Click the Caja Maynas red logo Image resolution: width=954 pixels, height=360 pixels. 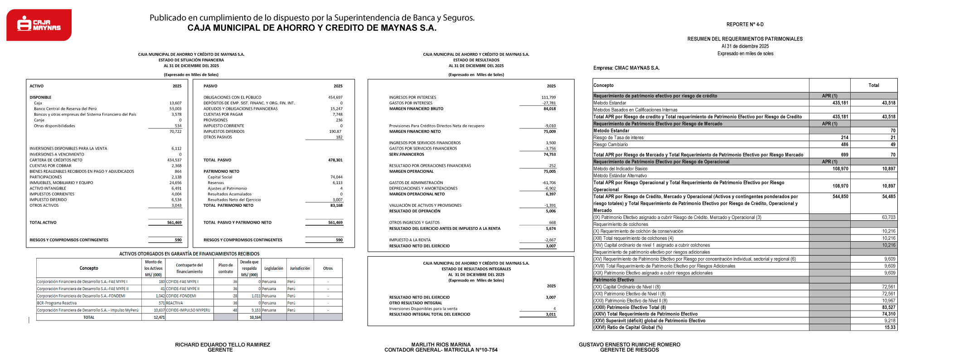(x=39, y=25)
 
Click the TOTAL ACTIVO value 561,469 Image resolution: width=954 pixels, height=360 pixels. (x=174, y=223)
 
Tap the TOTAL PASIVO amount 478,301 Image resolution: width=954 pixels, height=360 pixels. (x=335, y=160)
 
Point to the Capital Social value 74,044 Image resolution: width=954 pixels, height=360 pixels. (x=336, y=177)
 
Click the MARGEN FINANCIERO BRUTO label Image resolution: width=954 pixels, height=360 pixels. (x=416, y=109)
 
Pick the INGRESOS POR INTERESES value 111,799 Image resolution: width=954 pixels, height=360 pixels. (x=548, y=97)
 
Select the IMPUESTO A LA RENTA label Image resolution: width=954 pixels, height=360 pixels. (x=410, y=240)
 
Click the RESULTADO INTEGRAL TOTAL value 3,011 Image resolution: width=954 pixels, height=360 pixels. (x=551, y=314)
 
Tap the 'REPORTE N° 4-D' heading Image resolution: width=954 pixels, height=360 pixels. (x=745, y=24)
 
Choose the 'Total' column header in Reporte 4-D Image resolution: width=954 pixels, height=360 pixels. (x=873, y=85)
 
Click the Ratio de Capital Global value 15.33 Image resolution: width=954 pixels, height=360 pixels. (x=890, y=327)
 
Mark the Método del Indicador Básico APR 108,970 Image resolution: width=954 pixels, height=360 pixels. (x=840, y=169)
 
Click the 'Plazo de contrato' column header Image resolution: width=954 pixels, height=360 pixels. (x=225, y=268)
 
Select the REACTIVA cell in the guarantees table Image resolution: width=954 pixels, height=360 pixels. (x=174, y=303)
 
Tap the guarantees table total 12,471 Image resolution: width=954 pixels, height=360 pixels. (x=159, y=317)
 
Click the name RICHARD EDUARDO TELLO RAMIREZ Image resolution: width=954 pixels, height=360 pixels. (x=222, y=345)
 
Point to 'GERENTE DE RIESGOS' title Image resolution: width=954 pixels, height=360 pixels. (x=629, y=350)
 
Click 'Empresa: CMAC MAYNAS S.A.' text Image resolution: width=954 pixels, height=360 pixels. (x=626, y=68)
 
